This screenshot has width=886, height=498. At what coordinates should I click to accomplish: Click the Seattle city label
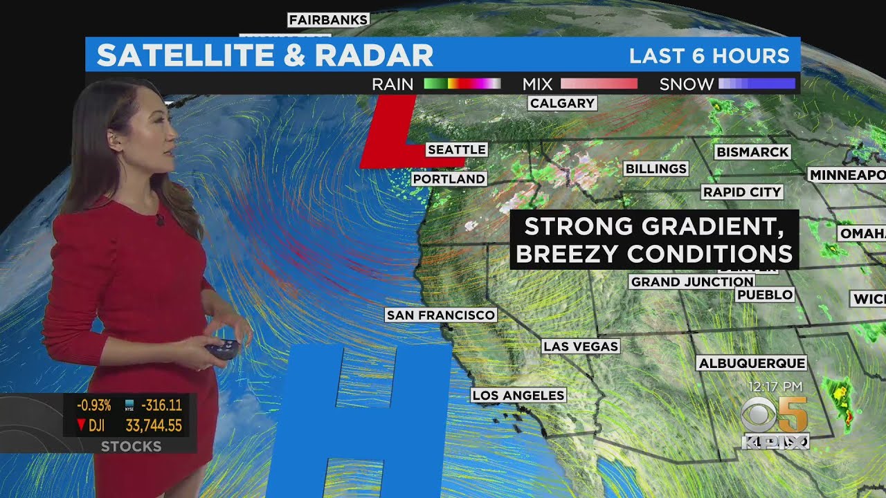[456, 149]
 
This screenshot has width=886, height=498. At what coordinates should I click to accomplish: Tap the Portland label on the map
[449, 179]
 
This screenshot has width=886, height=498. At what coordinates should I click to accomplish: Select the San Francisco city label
[441, 315]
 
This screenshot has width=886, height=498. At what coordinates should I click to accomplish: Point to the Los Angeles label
[518, 396]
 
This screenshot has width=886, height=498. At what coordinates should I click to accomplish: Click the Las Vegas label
[581, 347]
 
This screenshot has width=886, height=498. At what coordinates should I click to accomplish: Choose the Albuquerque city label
[752, 363]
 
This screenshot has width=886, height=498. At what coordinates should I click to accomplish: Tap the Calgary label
[562, 104]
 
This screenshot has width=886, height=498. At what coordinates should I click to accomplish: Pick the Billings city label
[656, 169]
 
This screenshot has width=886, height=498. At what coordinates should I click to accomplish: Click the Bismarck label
[752, 152]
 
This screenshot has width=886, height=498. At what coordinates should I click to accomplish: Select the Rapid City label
[742, 192]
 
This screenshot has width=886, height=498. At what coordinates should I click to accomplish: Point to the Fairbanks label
[328, 20]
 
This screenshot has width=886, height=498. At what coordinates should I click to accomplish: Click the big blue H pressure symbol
[359, 422]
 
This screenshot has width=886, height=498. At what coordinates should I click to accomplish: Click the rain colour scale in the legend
[462, 84]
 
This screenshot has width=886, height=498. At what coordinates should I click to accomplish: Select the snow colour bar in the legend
[757, 84]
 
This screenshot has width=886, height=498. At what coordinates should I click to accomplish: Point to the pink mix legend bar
[599, 84]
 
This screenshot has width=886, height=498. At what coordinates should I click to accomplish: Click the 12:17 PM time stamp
[775, 387]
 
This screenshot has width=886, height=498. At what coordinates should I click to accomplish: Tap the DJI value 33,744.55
[154, 425]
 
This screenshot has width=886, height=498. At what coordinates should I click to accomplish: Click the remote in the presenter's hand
[223, 348]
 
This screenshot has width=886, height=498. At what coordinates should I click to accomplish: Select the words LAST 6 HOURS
[709, 56]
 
